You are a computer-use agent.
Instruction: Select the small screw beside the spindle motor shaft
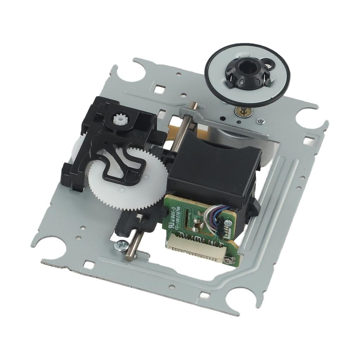(x=261, y=121)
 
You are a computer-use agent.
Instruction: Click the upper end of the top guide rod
(x=193, y=105)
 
